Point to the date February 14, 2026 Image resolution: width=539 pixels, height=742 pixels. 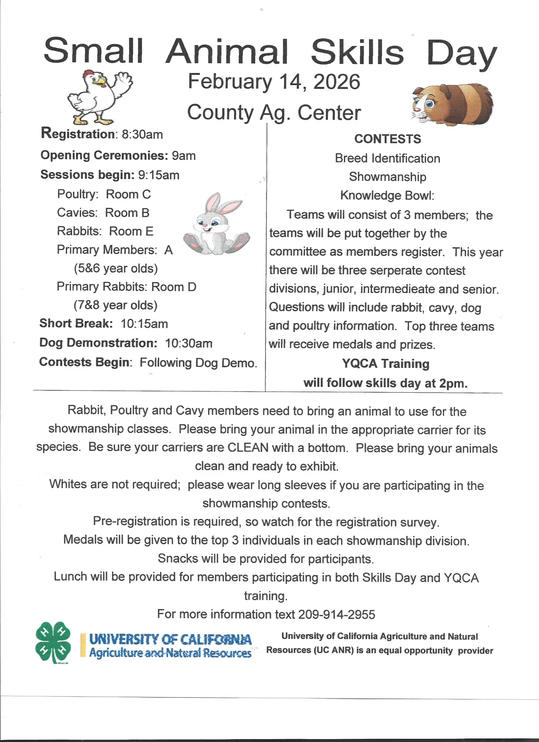[x=274, y=82]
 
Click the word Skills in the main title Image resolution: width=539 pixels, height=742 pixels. [x=357, y=52]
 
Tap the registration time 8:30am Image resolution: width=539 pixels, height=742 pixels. [x=142, y=134]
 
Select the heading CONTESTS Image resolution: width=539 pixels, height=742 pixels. [x=387, y=139]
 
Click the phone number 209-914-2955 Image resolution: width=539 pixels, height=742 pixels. [x=336, y=614]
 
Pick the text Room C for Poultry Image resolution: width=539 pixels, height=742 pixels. [x=128, y=194]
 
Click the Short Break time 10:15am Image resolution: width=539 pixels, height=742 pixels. [x=144, y=324]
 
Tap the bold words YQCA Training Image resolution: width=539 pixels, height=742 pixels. [x=385, y=364]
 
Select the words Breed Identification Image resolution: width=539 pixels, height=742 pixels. [x=387, y=158]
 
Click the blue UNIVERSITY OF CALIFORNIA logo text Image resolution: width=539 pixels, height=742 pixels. [x=170, y=640]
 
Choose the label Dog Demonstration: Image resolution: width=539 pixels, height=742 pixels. [x=98, y=343]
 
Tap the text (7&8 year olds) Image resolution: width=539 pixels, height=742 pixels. [x=115, y=305]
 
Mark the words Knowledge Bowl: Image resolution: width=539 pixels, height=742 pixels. [x=387, y=196]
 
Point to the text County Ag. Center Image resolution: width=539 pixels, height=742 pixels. [x=274, y=112]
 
